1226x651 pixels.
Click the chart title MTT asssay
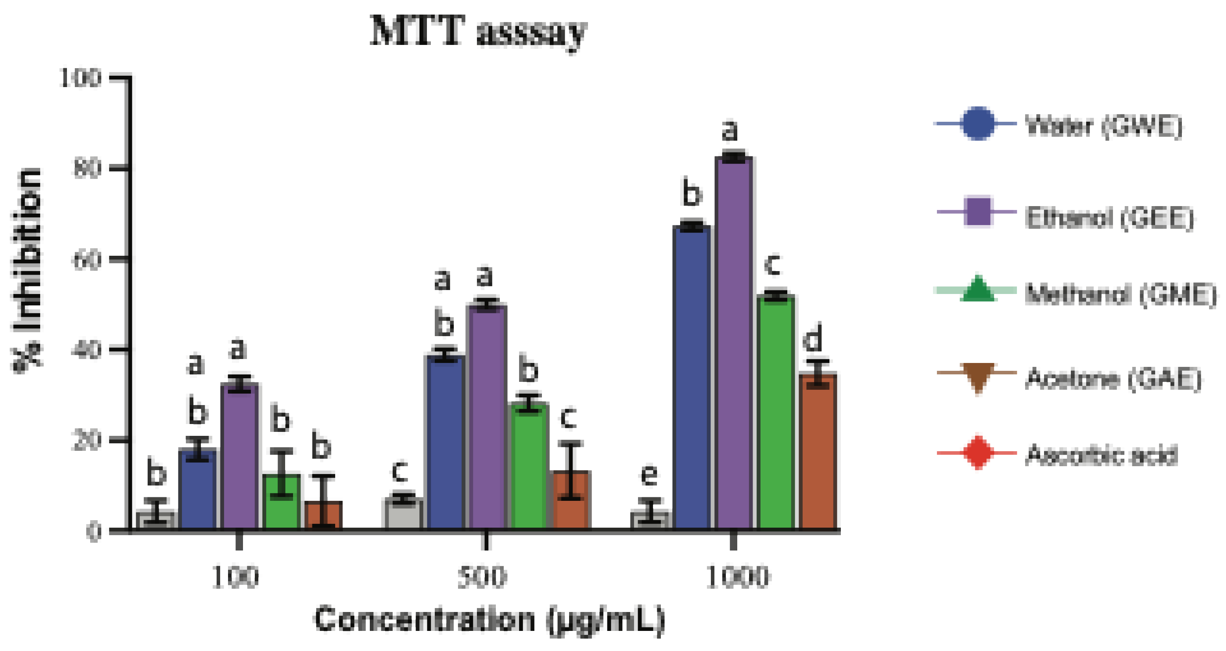coord(479,32)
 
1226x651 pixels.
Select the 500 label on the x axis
coord(482,578)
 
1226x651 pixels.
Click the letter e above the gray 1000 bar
coord(649,474)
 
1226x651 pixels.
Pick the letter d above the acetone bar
coord(812,338)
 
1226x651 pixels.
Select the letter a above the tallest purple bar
coord(730,130)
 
